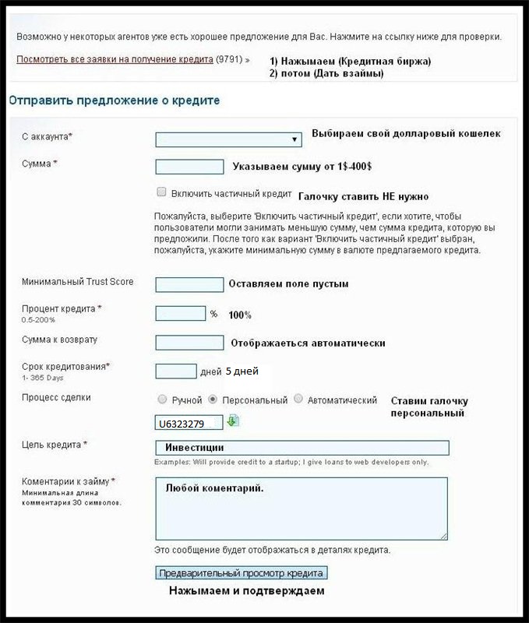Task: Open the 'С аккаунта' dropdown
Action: pyautogui.click(x=228, y=139)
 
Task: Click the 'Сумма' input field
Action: pyautogui.click(x=189, y=167)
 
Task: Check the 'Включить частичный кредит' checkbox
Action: pyautogui.click(x=161, y=192)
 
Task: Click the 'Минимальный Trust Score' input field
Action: pyautogui.click(x=189, y=284)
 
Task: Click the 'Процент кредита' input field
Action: pyautogui.click(x=180, y=313)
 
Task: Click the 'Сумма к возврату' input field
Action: pyautogui.click(x=189, y=342)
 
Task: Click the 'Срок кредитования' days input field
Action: pyautogui.click(x=175, y=371)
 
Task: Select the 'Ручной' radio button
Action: pyautogui.click(x=162, y=399)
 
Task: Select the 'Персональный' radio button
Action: pyautogui.click(x=212, y=399)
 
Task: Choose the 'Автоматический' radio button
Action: pyautogui.click(x=298, y=399)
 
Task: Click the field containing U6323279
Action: pyautogui.click(x=189, y=424)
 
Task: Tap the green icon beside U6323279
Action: pyautogui.click(x=233, y=421)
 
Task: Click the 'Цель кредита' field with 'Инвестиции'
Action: pyautogui.click(x=302, y=448)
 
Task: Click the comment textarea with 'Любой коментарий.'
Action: pyautogui.click(x=302, y=508)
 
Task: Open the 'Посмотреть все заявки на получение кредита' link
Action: pyautogui.click(x=115, y=59)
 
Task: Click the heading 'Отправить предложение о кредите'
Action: pyautogui.click(x=115, y=100)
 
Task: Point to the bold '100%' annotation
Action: pyautogui.click(x=240, y=315)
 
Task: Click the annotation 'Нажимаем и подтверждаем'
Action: pyautogui.click(x=247, y=591)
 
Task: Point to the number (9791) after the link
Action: pyautogui.click(x=229, y=59)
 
